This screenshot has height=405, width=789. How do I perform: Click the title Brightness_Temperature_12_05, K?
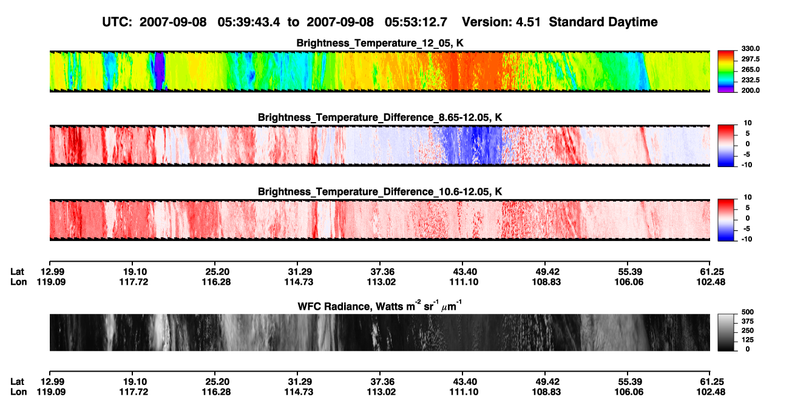[380, 43]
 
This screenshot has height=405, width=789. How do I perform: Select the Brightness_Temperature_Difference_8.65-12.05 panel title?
[380, 117]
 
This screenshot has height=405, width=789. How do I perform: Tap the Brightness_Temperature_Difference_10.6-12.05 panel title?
[380, 192]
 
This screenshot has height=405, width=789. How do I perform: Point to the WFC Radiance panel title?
[380, 305]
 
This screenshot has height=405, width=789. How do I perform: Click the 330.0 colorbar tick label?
[750, 49]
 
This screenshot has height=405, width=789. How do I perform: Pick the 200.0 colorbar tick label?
[750, 90]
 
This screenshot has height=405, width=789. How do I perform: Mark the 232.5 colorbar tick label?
[750, 80]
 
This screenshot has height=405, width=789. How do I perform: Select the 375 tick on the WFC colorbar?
[747, 321]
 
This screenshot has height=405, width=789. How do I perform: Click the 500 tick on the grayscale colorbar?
[747, 312]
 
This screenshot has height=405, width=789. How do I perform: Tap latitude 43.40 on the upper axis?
[464, 272]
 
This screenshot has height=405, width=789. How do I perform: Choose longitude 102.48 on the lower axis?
[711, 392]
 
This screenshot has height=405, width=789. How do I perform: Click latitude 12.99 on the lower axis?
[52, 382]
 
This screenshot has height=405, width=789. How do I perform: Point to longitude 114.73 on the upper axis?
[299, 282]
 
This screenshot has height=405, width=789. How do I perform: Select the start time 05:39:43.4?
[249, 22]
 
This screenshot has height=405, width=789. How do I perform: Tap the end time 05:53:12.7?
[416, 22]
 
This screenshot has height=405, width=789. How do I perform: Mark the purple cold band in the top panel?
[160, 70]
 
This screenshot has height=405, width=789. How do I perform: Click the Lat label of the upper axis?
[17, 272]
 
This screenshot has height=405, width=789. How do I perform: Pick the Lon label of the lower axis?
[18, 392]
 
